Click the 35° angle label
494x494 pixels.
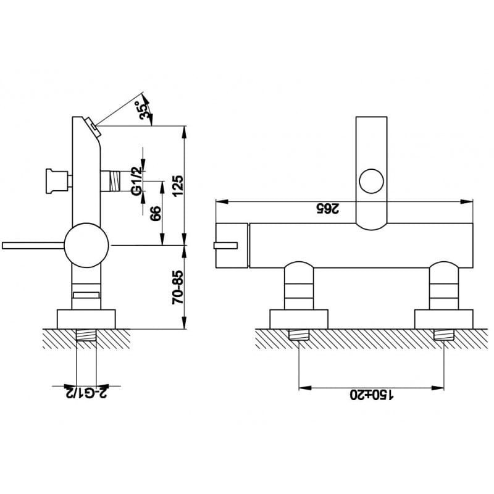pos(143,109)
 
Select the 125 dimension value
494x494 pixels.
pos(178,185)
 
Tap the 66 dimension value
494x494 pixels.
pos(156,213)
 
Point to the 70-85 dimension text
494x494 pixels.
pos(178,287)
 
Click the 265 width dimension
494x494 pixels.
pos(328,209)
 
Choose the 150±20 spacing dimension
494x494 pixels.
pos(372,395)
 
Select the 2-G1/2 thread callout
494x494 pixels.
pos(86,391)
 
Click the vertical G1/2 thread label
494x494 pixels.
pos(138,181)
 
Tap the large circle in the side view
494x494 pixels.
pos(86,245)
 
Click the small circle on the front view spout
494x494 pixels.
pos(372,181)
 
